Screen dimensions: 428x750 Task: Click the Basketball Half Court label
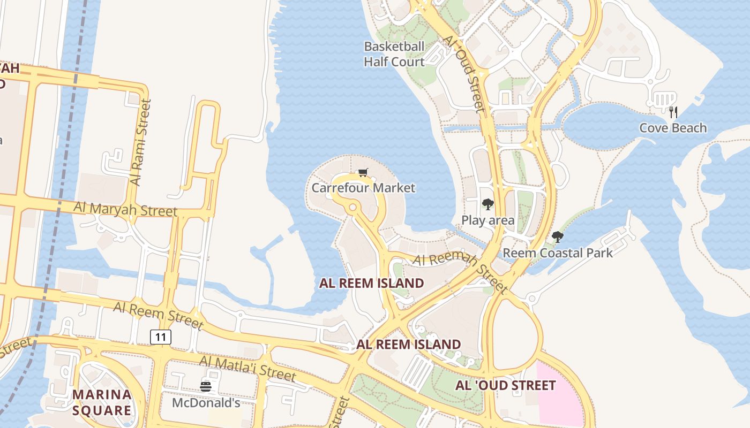pos(394,54)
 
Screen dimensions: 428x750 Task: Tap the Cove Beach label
pos(673,128)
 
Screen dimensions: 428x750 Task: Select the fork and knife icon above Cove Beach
pos(673,112)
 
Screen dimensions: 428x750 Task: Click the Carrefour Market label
pos(363,188)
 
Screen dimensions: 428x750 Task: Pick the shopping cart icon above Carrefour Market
pos(363,172)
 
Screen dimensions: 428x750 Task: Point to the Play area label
pos(487,220)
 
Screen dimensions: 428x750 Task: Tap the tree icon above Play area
pos(487,204)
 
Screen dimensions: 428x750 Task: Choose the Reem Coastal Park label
pos(557,253)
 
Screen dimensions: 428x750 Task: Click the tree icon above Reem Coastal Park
pos(558,236)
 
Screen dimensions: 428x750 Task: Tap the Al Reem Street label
pos(158,315)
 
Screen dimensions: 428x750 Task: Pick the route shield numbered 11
pos(161,337)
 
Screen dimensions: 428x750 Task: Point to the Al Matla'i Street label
pos(247,369)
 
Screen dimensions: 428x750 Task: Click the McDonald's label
pos(206,402)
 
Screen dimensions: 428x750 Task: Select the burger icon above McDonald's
pos(206,386)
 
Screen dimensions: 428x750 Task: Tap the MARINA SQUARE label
pos(102,402)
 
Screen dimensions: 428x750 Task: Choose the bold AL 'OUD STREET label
pos(505,385)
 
